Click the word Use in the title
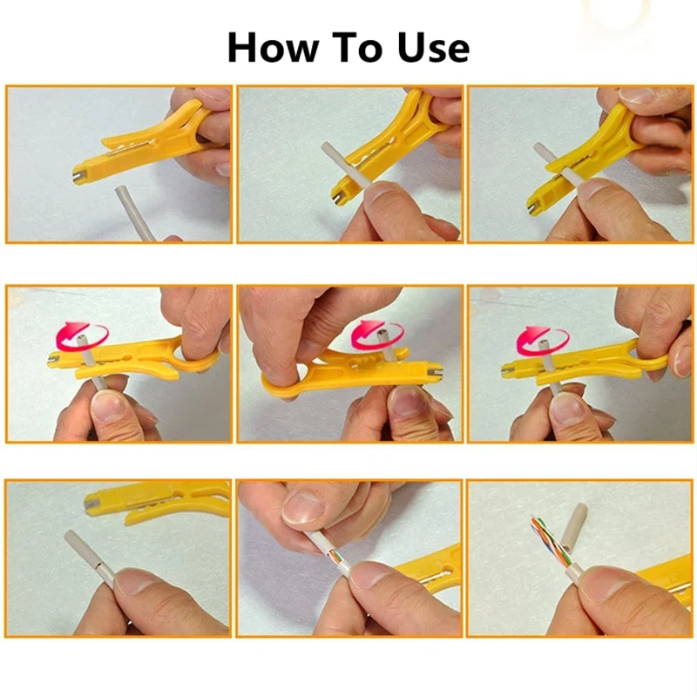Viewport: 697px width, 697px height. tap(433, 47)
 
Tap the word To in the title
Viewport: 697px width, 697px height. tap(358, 47)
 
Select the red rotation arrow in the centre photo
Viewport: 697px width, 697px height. tap(376, 335)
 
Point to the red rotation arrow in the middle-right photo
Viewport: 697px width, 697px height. tap(542, 340)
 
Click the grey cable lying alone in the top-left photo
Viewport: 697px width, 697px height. tap(133, 213)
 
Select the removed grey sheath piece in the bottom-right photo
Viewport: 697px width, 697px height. tap(573, 528)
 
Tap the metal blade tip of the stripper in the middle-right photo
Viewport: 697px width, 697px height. tap(508, 369)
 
